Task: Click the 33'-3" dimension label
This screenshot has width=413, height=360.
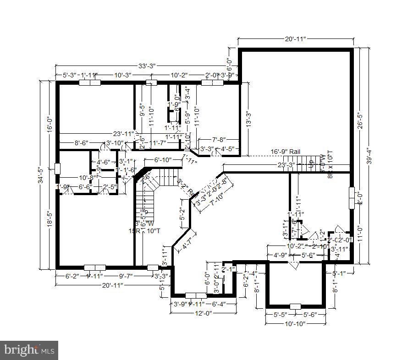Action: pyautogui.click(x=147, y=66)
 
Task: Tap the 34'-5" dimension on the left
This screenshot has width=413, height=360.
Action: pyautogui.click(x=40, y=175)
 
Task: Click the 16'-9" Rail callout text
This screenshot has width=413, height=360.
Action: pyautogui.click(x=286, y=151)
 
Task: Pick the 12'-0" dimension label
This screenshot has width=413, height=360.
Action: pyautogui.click(x=204, y=313)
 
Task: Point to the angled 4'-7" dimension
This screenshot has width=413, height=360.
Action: pyautogui.click(x=187, y=242)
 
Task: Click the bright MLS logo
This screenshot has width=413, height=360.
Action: pyautogui.click(x=29, y=350)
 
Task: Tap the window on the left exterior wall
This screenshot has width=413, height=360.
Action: pyautogui.click(x=57, y=168)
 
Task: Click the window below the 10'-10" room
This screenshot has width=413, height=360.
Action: pyautogui.click(x=296, y=306)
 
